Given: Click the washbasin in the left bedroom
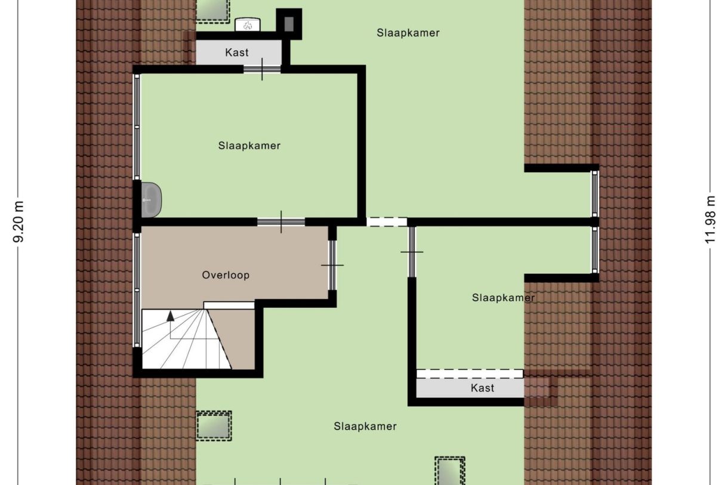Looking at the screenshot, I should [152, 199].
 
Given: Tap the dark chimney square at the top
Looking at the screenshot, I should [289, 23].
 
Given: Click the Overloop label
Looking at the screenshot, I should [226, 275].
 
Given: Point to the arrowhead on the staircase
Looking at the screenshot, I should [171, 316].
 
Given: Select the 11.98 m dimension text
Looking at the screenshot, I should [710, 220].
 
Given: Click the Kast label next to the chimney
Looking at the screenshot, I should [237, 52].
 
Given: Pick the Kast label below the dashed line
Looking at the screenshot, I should [482, 388].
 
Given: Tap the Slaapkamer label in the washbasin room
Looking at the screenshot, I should [249, 146].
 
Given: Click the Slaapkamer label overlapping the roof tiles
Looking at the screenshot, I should [503, 297].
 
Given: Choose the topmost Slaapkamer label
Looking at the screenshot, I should [408, 33].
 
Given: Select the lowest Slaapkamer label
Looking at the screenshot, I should [365, 426].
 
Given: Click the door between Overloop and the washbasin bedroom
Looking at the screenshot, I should [281, 222].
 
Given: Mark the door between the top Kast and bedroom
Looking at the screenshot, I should [262, 69].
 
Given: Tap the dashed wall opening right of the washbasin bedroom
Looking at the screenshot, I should [387, 221].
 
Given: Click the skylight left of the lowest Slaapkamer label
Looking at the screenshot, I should [214, 425].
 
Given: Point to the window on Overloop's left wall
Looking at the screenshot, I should [137, 289].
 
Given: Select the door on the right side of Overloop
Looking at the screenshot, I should [332, 265].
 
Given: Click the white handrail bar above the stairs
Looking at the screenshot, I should [229, 305].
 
